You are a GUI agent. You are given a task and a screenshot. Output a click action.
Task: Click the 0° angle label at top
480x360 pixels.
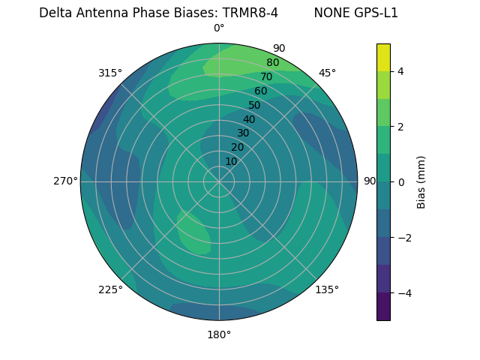coord(219,28)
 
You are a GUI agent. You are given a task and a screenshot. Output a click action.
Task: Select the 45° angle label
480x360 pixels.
coord(327,73)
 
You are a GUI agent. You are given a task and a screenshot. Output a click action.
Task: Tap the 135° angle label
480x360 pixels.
coord(327,289)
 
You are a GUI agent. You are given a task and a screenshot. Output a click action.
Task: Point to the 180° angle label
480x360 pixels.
coord(219,334)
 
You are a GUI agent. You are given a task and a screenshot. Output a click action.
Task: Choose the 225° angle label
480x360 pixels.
coord(110,289)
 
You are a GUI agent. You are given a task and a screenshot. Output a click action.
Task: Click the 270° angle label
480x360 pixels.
coord(65,181)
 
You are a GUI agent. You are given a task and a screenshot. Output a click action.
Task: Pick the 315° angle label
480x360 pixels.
coord(110,73)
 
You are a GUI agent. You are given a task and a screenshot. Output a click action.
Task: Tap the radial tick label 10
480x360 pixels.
coord(231,161)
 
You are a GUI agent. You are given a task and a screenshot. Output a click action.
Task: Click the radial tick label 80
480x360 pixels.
coord(272,63)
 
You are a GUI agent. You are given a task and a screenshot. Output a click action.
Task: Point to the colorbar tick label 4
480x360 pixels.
coord(401,71)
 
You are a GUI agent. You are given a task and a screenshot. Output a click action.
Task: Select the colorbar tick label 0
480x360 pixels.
coord(401,182)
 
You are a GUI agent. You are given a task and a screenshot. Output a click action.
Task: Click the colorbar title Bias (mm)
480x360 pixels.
coord(421,181)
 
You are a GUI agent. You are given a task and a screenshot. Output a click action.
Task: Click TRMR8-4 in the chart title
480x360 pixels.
coord(250,13)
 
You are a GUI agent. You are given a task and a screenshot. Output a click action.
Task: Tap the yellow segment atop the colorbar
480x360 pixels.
coord(383,57)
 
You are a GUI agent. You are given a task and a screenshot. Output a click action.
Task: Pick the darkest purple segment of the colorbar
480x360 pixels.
coord(383,307)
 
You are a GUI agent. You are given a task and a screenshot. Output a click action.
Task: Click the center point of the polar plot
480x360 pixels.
coord(219,181)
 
